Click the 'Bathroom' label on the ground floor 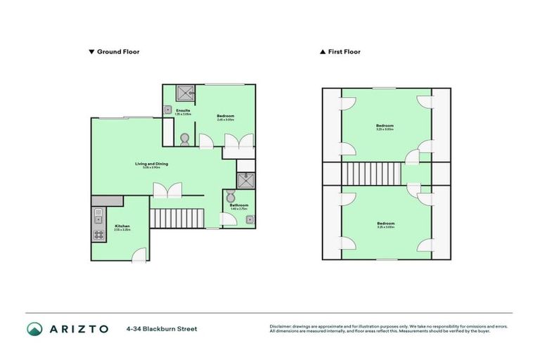coord(239,205)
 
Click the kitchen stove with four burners coord(98,236)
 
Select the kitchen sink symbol coord(98,214)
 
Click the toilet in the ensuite coord(185,139)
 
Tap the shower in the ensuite coord(186,92)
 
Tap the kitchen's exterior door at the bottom coord(141,255)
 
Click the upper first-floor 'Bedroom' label coord(385,127)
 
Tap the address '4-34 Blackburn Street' coord(162,328)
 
